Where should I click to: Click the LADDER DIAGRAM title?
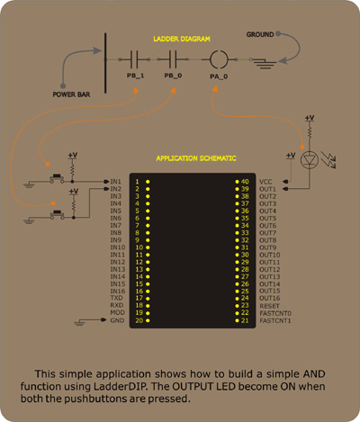(x=182, y=39)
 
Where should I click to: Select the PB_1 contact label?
(x=135, y=76)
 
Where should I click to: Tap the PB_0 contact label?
(x=173, y=76)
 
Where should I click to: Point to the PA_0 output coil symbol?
(x=219, y=59)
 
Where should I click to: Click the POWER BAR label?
(x=71, y=94)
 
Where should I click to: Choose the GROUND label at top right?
(x=260, y=34)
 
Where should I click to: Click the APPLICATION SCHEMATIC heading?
(x=196, y=158)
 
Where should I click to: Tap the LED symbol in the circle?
(x=310, y=160)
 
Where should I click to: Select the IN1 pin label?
(x=115, y=182)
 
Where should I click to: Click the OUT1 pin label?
(x=267, y=189)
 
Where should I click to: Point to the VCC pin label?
(x=265, y=182)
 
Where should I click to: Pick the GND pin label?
(x=117, y=320)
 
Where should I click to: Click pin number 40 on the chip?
(x=245, y=182)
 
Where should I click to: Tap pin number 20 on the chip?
(x=139, y=320)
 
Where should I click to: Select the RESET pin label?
(x=269, y=306)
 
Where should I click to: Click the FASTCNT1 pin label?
(x=275, y=320)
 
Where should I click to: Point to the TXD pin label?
(x=116, y=298)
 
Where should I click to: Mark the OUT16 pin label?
(x=270, y=298)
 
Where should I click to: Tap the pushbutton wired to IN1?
(x=57, y=177)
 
